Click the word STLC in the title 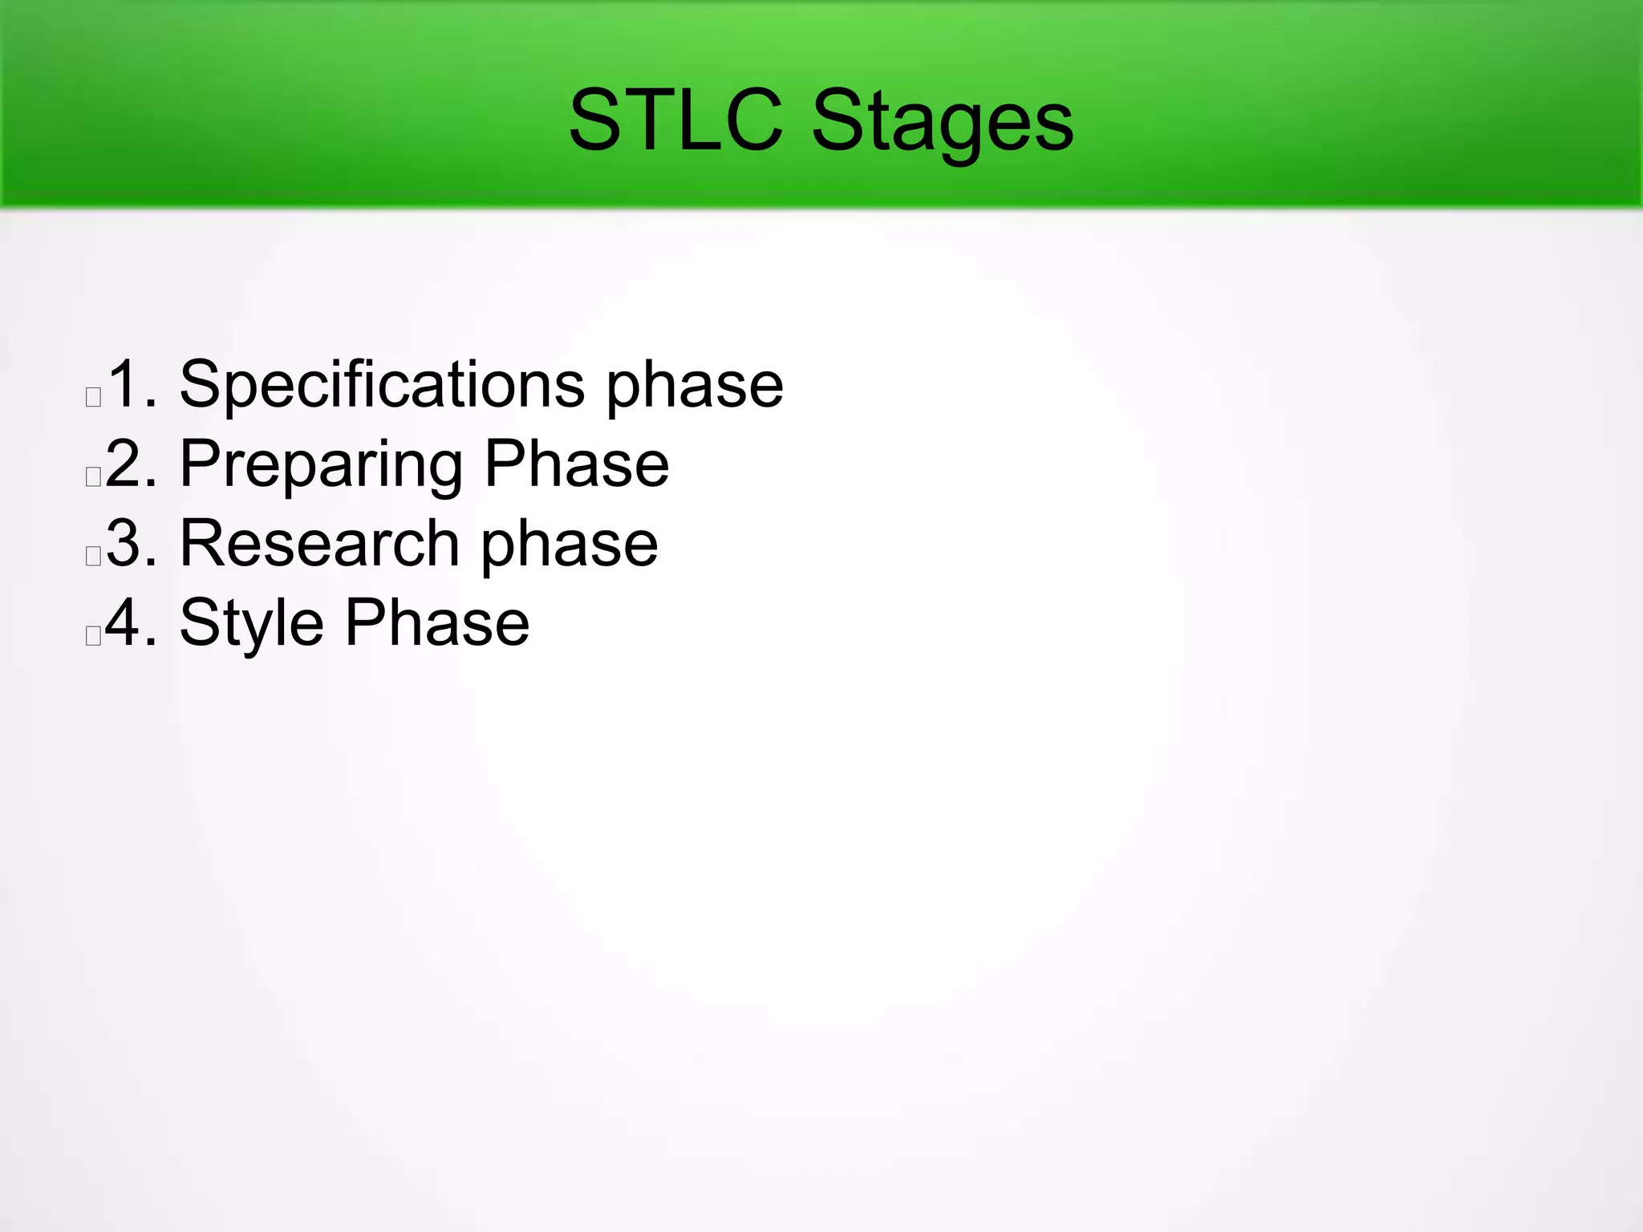(x=675, y=121)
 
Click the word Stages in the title (x=942, y=123)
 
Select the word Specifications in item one (x=382, y=385)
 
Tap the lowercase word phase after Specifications (x=694, y=387)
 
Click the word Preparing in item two (x=321, y=465)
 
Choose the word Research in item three (x=318, y=543)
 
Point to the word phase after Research (x=570, y=546)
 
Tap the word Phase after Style (x=437, y=622)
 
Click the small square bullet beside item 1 (x=93, y=397)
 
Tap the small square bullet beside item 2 (x=93, y=476)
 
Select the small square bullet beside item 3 (x=93, y=556)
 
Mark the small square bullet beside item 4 (x=93, y=635)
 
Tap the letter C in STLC (x=750, y=120)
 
